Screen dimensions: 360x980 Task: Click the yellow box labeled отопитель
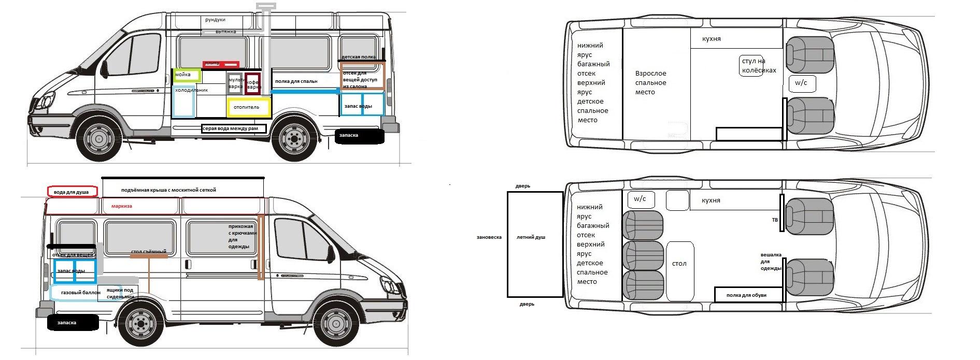tap(249, 108)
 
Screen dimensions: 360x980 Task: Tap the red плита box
tap(221, 64)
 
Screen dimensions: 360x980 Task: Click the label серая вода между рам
tap(234, 128)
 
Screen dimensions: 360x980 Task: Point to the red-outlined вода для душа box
tap(72, 192)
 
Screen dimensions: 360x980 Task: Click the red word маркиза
tap(122, 206)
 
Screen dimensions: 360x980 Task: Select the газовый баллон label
tap(81, 293)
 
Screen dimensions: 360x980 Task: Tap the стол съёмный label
tap(149, 252)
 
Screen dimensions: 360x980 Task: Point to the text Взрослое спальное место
tap(650, 83)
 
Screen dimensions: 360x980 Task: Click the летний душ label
tap(531, 237)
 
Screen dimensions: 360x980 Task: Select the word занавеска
tap(489, 237)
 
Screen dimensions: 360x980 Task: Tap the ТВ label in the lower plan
tap(775, 220)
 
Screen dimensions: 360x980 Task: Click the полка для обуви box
tap(746, 295)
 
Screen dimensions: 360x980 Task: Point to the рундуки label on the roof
tap(215, 20)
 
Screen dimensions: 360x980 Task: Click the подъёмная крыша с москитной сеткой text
tap(168, 190)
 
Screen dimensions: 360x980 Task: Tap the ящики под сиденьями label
tap(120, 293)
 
